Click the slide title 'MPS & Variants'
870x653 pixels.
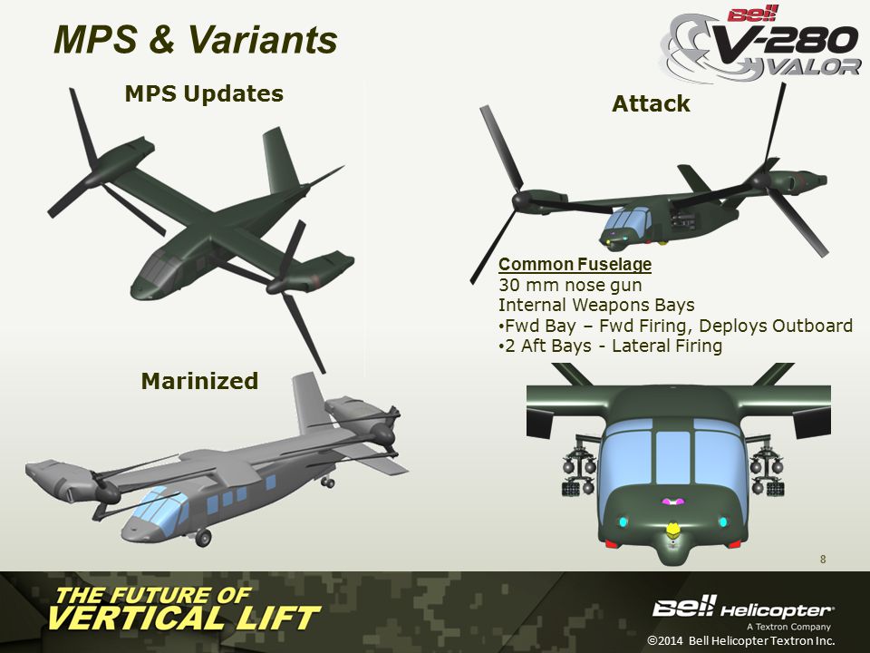196,39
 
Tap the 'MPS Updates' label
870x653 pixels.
204,93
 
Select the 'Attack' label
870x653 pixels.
651,103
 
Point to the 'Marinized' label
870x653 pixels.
199,381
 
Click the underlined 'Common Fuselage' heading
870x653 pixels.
575,264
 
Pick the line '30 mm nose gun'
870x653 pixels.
570,285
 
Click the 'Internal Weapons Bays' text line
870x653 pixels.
596,305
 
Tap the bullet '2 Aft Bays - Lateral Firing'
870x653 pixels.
610,346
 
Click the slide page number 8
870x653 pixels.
823,560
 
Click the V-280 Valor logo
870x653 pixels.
760,44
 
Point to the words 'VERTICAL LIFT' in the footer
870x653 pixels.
185,618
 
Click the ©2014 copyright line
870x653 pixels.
740,640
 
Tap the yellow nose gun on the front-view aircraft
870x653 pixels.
672,529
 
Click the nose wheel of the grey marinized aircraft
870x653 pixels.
204,538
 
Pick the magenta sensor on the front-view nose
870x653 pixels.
672,502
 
